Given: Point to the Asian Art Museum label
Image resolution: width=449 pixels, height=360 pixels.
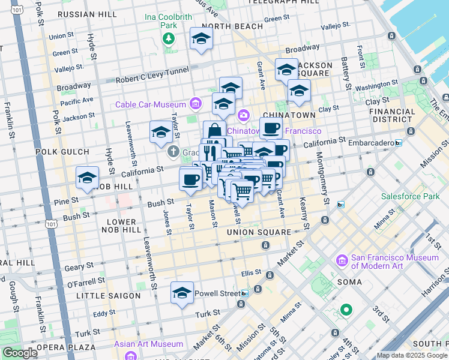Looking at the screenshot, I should click(149, 344).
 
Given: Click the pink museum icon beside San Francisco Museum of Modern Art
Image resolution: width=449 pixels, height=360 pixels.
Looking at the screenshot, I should click(342, 261).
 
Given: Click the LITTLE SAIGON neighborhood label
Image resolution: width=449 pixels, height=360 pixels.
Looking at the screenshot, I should click(109, 296).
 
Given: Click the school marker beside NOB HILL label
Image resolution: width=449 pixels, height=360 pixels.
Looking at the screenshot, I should click(88, 178).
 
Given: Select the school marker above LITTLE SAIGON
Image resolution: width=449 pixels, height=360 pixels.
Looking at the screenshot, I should click(182, 293).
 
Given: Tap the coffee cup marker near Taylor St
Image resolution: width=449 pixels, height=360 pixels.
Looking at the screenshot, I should click(191, 179).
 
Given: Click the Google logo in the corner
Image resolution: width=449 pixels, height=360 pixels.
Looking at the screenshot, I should click(20, 353).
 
